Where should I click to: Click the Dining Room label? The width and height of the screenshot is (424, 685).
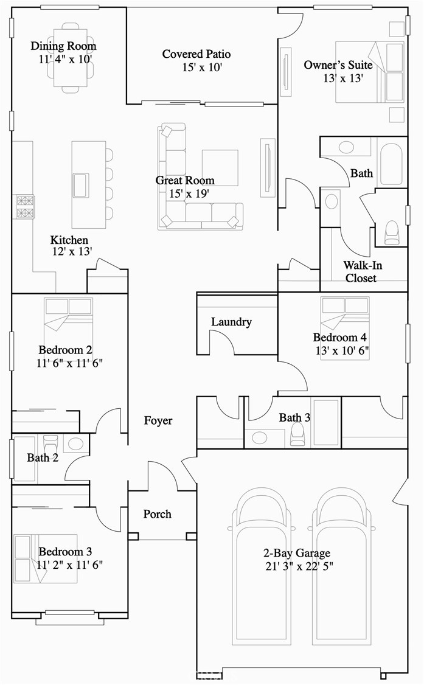coord(63,46)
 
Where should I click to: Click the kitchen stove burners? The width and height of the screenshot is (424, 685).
coord(25,207)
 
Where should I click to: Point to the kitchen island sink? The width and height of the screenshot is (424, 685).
coord(81,185)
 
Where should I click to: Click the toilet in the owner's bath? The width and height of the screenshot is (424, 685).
coord(392,232)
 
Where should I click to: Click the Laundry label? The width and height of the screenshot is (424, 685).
coord(231,322)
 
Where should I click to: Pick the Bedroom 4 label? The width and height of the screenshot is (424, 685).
coord(339,338)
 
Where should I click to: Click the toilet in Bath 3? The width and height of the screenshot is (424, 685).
coord(298,434)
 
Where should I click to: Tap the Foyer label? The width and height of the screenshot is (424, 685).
coord(158,420)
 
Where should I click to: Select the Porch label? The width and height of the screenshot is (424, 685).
coord(157,514)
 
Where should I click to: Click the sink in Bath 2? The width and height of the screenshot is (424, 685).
coord(76,443)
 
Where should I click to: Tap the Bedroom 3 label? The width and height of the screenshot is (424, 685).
coord(65,552)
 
